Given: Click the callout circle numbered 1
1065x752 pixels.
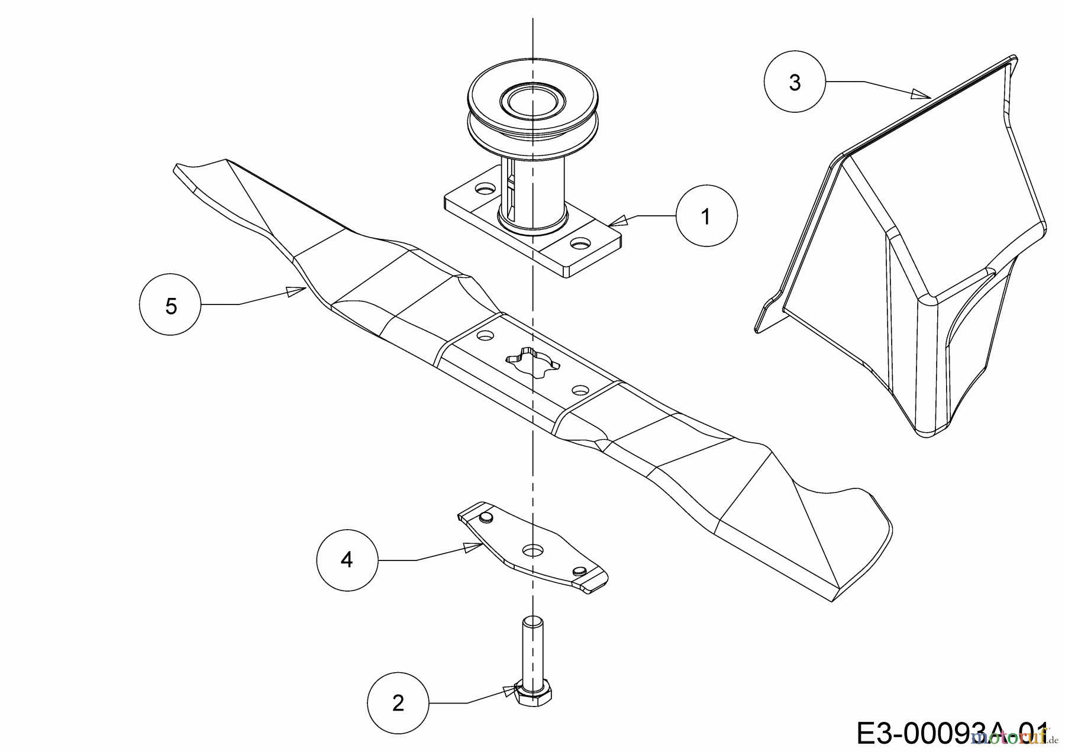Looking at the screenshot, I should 706,217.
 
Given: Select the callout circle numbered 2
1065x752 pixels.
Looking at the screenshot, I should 398,703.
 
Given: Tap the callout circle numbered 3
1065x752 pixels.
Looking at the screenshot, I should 794,82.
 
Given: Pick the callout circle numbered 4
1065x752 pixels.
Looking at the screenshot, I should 347,559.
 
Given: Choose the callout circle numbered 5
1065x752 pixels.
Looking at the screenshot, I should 171,306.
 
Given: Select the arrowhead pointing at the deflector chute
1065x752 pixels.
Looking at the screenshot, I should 921,95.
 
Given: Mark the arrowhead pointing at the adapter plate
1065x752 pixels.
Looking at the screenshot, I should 472,547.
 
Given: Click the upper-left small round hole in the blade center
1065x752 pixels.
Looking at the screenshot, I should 486,335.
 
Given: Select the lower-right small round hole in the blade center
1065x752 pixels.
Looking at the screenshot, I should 580,390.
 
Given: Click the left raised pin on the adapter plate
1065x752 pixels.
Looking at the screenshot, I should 486,517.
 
